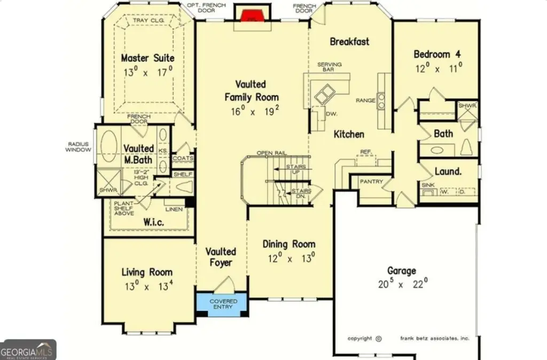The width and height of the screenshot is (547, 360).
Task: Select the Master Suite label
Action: tap(147, 58)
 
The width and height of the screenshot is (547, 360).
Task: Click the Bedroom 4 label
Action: tap(437, 54)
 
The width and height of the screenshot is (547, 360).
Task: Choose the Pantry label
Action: tap(371, 182)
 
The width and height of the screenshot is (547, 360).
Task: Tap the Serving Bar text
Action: tap(330, 67)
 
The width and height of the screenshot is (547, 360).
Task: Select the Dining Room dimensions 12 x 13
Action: tap(288, 257)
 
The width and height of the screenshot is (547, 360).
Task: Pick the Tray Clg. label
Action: tap(148, 21)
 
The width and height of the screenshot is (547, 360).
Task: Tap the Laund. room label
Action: tap(448, 171)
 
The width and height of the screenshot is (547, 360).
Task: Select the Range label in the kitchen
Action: tap(365, 100)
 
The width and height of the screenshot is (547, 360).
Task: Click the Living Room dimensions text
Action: tap(147, 286)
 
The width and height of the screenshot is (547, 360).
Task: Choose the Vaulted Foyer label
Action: tap(221, 257)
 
